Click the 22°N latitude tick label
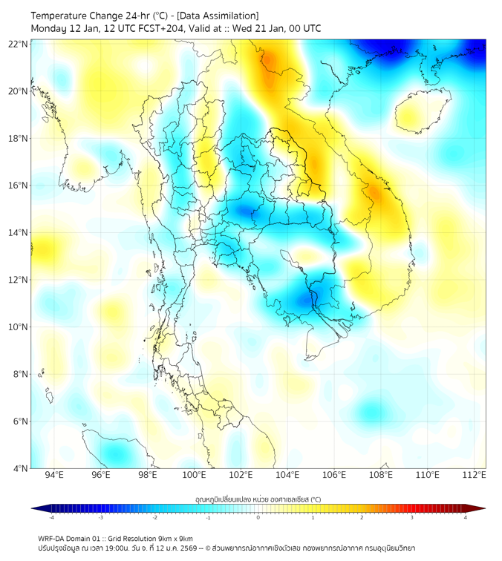[x=19, y=44]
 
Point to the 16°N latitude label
[x=19, y=186]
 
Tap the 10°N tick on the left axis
[x=19, y=327]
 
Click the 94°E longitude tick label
[x=54, y=476]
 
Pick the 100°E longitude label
[x=195, y=476]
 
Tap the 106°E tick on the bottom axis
[x=335, y=476]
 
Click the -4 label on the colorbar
[x=51, y=517]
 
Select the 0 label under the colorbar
[x=258, y=517]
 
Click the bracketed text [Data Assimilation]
[x=221, y=16]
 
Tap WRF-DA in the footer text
[x=50, y=538]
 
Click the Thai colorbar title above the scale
[x=258, y=499]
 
